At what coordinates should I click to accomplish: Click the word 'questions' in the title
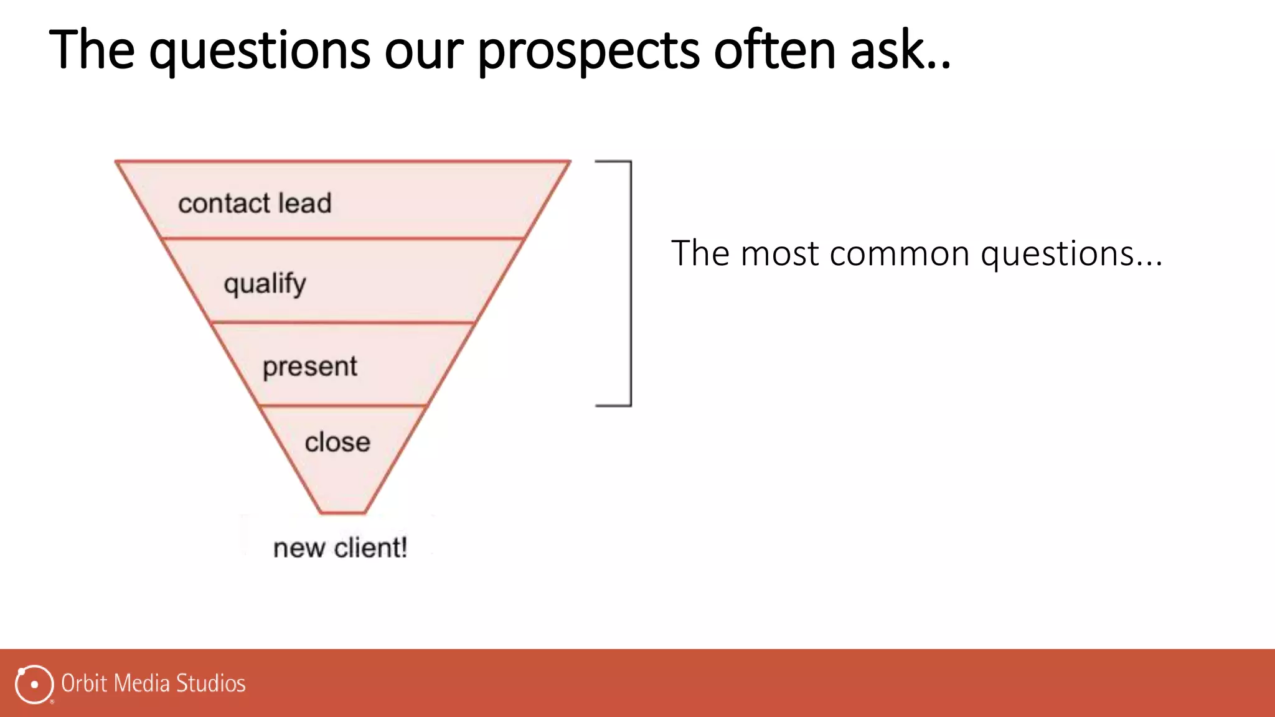coord(259,51)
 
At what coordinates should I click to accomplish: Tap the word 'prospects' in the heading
coord(588,51)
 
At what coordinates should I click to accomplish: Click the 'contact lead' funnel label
coord(255,204)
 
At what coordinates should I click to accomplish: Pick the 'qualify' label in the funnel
coord(265,284)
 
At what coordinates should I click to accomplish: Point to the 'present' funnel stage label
coord(309,367)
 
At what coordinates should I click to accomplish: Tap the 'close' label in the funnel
coord(337,443)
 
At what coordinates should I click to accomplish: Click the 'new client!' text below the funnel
coord(340,548)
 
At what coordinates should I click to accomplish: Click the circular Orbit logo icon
coord(34,684)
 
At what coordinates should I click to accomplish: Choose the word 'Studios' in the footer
coord(210,683)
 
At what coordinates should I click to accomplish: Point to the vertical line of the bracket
coord(631,283)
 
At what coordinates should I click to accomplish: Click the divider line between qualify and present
coord(342,322)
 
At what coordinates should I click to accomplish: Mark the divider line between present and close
coord(342,406)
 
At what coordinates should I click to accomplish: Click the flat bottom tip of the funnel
coord(342,513)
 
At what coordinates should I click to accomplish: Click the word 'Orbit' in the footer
coord(84,683)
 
